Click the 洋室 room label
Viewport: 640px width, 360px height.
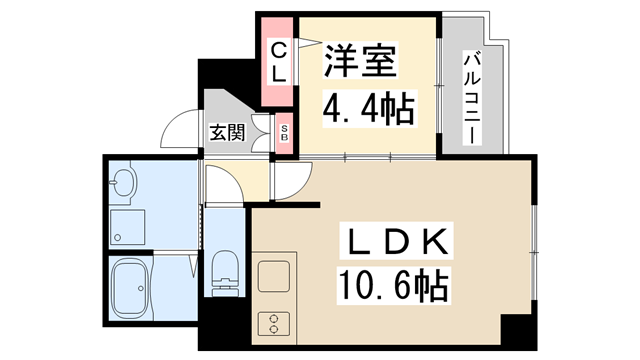[360, 60]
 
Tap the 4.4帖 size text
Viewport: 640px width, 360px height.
[369, 109]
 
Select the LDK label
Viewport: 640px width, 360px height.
[396, 241]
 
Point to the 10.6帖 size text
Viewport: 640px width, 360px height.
[393, 286]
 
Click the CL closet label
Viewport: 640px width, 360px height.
[279, 62]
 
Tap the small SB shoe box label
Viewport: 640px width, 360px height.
[284, 133]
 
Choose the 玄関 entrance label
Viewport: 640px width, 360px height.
[227, 132]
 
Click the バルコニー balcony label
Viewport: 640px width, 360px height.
[472, 98]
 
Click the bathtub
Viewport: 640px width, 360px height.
[130, 289]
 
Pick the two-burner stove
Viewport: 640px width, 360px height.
[274, 324]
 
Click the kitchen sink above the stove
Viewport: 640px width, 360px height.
[274, 276]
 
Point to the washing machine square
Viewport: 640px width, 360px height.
[127, 227]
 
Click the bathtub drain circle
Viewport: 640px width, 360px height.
[141, 288]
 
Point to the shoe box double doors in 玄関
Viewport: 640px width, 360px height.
[261, 133]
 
